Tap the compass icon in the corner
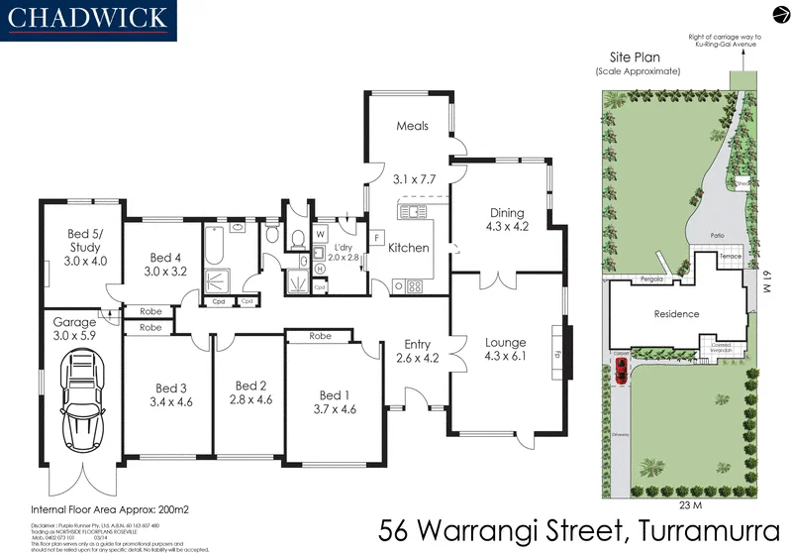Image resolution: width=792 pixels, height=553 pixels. click(777, 13)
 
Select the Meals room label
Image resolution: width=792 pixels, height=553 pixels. click(412, 126)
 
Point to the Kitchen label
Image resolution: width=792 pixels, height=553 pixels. click(408, 247)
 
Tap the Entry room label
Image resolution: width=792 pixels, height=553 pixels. click(417, 344)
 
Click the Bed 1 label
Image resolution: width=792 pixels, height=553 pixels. click(334, 395)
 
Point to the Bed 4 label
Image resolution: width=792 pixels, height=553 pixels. click(165, 256)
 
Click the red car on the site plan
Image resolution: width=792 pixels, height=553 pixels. click(620, 371)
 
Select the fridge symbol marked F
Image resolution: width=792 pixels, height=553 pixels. click(376, 238)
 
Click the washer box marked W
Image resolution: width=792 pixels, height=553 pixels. click(320, 235)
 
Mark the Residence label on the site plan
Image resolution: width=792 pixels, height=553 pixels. click(676, 314)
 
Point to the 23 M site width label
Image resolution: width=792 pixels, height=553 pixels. click(676, 477)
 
